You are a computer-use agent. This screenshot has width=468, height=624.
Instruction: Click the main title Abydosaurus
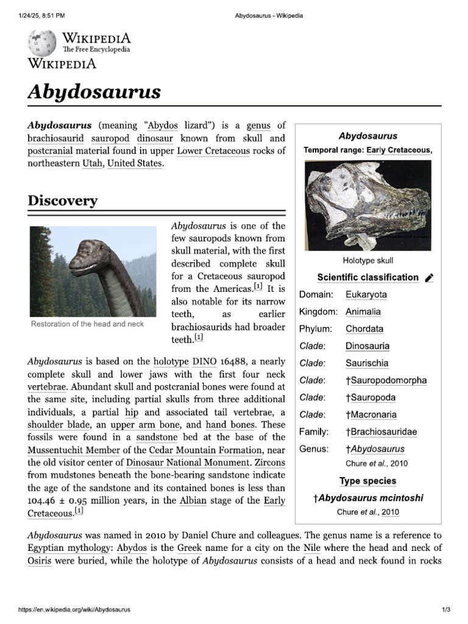[94, 92]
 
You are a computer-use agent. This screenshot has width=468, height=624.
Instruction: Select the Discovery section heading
[62, 200]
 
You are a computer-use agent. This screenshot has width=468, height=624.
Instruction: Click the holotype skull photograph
[367, 204]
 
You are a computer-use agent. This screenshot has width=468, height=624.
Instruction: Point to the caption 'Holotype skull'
[367, 260]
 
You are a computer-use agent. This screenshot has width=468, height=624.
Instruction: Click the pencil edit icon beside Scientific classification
[429, 278]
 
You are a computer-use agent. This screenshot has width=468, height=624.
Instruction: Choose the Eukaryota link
[366, 295]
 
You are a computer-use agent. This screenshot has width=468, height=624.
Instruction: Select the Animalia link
[363, 312]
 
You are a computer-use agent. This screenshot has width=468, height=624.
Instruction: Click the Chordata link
[364, 329]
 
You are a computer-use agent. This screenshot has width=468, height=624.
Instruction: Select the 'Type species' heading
[367, 481]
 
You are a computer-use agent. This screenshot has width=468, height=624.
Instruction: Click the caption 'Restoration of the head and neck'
[87, 324]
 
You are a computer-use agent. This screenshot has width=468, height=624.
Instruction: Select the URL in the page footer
[74, 609]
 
